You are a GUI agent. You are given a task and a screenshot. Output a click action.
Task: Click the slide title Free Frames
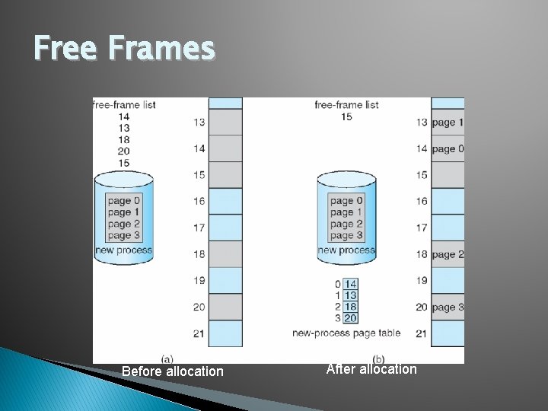point(125,49)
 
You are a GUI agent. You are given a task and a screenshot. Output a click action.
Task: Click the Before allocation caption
point(173,371)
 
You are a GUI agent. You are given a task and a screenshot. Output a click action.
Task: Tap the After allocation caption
point(371,369)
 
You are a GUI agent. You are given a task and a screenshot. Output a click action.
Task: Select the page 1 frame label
point(447,123)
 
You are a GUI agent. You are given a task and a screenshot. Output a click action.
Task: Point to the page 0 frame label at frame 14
point(447,149)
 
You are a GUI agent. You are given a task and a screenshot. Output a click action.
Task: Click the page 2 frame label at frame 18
point(447,254)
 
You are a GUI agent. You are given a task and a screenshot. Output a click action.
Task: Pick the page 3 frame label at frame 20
point(447,307)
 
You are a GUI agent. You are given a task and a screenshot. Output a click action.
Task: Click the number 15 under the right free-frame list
point(346,116)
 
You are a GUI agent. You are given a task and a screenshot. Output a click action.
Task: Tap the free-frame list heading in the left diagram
point(124,104)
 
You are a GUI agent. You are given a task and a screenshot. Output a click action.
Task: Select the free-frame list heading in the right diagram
point(346,104)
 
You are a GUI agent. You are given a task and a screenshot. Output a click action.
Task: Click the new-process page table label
point(346,333)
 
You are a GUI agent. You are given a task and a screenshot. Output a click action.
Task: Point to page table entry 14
point(351,284)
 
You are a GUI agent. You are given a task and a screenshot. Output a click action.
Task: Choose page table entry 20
point(351,318)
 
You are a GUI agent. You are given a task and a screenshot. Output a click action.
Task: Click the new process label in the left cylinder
point(123,250)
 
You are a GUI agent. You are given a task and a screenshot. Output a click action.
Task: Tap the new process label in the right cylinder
point(346,250)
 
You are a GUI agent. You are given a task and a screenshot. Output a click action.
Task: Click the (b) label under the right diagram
point(378,358)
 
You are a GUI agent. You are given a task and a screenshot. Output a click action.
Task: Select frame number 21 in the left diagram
point(199,333)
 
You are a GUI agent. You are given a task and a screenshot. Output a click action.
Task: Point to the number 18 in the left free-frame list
point(124,139)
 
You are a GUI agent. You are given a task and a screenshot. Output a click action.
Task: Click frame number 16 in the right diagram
point(422,202)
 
